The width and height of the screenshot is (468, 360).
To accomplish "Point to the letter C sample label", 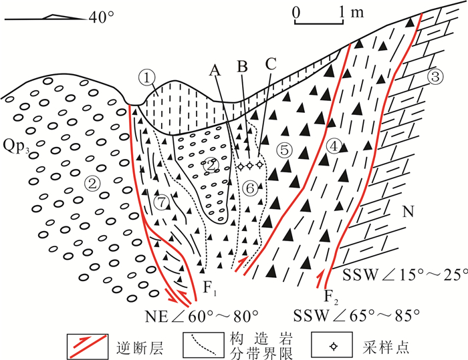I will (x=270, y=65).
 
